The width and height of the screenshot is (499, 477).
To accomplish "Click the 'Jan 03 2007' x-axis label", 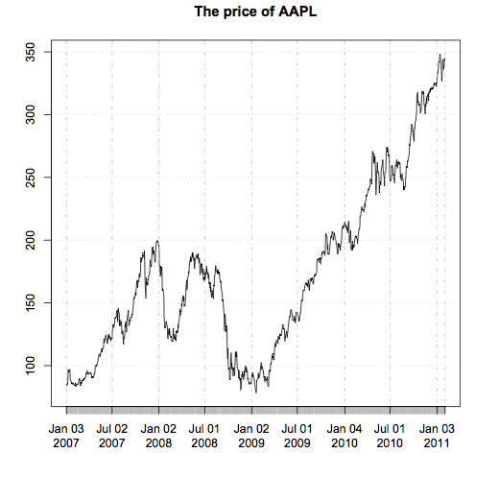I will coord(66,436).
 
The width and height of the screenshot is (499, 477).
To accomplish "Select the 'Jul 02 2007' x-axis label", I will coord(112,436).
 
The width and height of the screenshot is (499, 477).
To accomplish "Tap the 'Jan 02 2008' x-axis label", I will coord(158,436).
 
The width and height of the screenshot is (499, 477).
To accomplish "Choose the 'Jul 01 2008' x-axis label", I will coord(204,436).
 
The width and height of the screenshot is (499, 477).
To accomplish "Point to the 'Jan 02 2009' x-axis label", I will coord(251,436).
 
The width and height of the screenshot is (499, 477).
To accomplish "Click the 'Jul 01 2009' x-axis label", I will coord(297,436).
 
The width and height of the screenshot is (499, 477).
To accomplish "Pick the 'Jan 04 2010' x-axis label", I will coord(344,436).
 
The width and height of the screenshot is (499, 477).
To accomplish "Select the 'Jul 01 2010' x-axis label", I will coord(389,436).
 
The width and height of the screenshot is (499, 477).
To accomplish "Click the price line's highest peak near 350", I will coord(440,55).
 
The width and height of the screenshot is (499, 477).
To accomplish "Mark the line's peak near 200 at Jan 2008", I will coord(156,241).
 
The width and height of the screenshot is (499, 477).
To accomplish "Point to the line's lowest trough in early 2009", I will coord(255,392).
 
